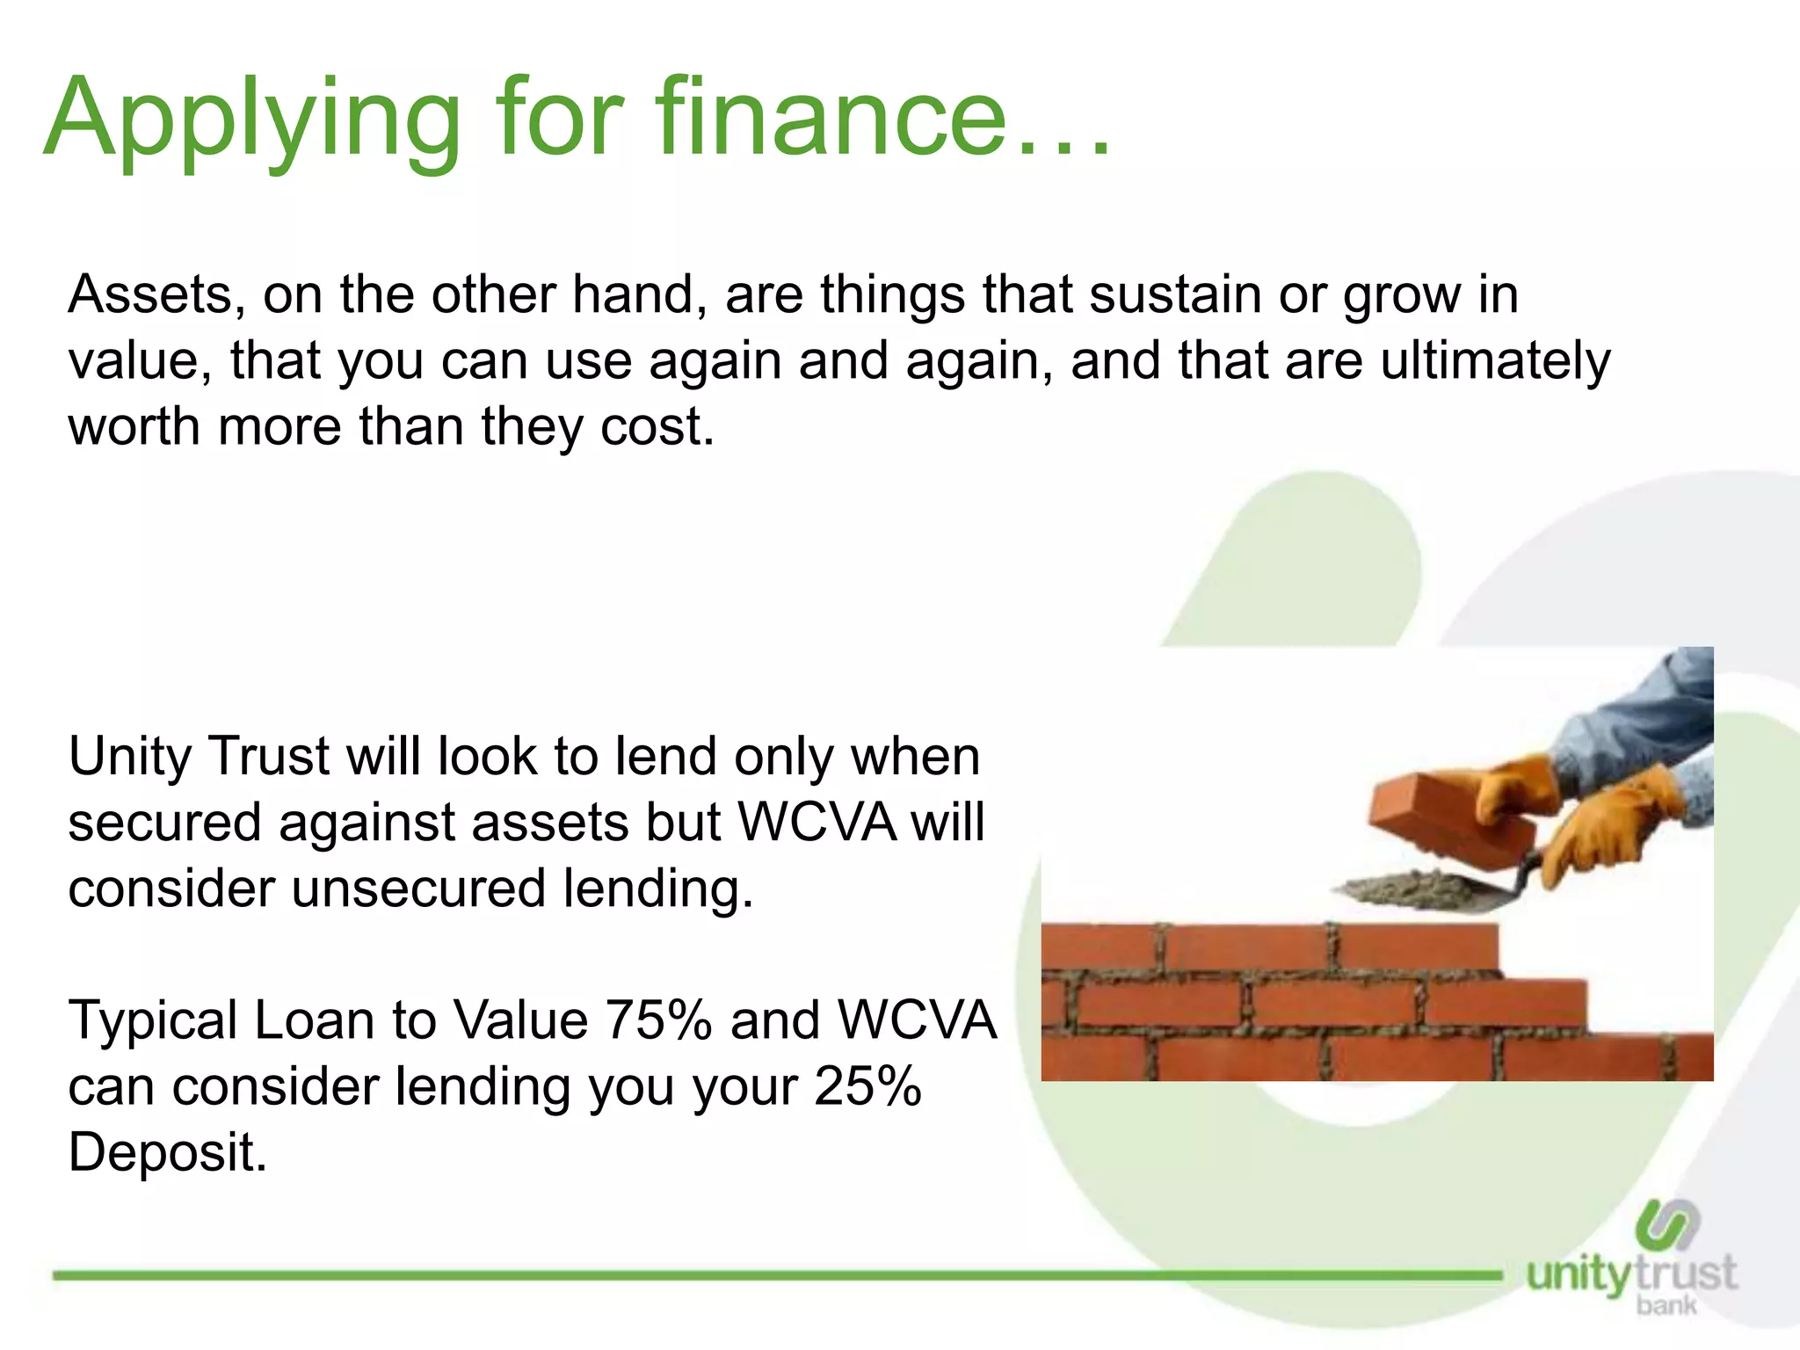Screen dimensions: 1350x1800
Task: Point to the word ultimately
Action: [x=1495, y=360]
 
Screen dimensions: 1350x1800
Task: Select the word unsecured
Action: [x=418, y=889]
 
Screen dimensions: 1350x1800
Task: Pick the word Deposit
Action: [x=167, y=1152]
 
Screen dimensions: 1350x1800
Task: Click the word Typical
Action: [x=153, y=1020]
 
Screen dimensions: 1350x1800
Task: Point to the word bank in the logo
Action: [x=1666, y=1305]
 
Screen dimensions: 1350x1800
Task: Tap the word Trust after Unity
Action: [x=268, y=757]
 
